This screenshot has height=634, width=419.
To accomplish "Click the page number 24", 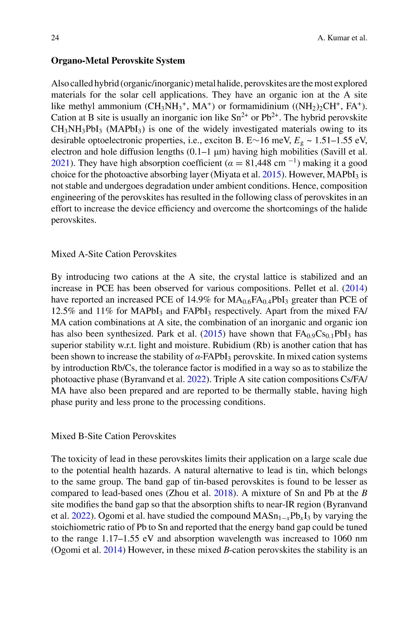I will pos(55,38).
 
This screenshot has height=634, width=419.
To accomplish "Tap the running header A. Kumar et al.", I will pos(342,38).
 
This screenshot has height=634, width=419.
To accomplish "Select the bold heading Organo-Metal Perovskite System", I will pos(118,61).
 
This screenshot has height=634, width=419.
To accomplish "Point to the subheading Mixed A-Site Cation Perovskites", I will pos(114,254).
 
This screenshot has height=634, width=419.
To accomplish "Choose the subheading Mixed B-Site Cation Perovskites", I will pos(113,436).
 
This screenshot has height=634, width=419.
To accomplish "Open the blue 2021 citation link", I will pos(60,163).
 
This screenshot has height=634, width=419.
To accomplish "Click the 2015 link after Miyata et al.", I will pos(271,174).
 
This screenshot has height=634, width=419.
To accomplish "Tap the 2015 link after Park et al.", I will pos(213,334).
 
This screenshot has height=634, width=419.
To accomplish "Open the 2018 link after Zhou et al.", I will pos(223,493).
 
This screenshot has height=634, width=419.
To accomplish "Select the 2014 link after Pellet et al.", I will pos(355,289).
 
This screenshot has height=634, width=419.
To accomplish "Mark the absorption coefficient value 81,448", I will pos(258,163).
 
